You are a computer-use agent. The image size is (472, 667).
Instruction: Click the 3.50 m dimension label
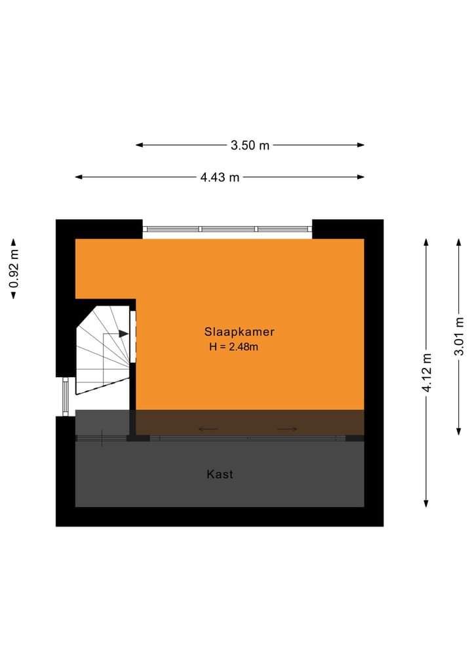(x=250, y=146)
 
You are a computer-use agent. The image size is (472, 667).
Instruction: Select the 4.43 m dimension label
(x=220, y=177)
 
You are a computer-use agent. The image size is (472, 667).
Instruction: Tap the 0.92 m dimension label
(x=14, y=268)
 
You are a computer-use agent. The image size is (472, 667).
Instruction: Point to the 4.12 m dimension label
(x=427, y=373)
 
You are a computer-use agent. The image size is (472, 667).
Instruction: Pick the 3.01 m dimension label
(x=460, y=336)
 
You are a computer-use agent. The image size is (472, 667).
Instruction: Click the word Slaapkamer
(x=239, y=332)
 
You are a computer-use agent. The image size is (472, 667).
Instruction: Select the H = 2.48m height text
(x=233, y=347)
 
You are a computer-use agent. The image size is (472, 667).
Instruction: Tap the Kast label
(x=220, y=474)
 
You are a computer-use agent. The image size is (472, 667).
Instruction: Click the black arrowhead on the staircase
(x=124, y=334)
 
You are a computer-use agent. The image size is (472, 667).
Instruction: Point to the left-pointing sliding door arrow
(x=208, y=429)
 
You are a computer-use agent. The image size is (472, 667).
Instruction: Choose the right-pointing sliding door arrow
(x=287, y=429)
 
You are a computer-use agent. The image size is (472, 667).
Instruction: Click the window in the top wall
(x=227, y=229)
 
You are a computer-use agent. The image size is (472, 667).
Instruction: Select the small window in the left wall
(x=66, y=396)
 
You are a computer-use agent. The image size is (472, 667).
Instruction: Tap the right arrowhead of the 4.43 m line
(x=361, y=177)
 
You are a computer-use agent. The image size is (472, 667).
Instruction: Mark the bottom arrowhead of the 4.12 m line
(x=426, y=504)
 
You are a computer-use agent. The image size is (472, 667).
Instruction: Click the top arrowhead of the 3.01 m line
(x=459, y=243)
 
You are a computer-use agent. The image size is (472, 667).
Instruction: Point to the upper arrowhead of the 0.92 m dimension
(x=14, y=243)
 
